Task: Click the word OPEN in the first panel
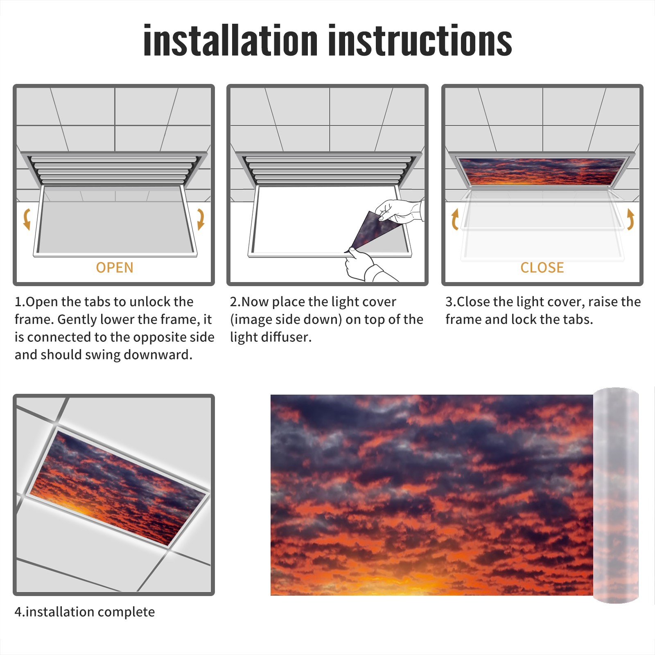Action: (x=115, y=268)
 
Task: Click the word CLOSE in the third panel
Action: (x=542, y=268)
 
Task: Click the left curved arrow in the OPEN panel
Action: (x=27, y=219)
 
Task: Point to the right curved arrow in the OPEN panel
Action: (x=201, y=219)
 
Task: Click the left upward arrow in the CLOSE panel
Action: (x=455, y=219)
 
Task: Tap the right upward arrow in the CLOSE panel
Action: (x=630, y=219)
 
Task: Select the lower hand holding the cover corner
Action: (x=364, y=266)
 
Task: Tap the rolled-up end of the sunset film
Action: (x=616, y=495)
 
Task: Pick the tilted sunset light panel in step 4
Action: (x=118, y=487)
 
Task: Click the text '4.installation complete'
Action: (x=85, y=612)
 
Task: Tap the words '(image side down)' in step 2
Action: (x=286, y=320)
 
